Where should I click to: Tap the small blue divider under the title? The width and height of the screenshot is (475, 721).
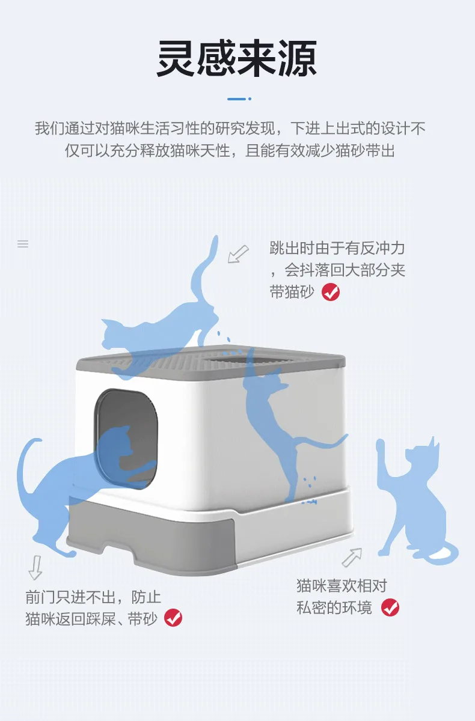point(239,99)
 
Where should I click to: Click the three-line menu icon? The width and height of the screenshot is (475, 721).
point(23,244)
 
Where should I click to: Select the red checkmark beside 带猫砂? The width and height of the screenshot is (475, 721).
point(331,292)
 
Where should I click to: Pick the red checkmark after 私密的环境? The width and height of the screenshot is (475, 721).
point(390,607)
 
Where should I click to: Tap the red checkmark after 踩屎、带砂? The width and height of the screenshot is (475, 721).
point(173,618)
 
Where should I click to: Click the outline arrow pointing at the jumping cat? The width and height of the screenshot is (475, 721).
point(238,254)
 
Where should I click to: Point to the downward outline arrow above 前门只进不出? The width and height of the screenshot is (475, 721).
point(35,567)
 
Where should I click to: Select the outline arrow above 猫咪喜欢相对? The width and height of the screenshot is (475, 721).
point(352,557)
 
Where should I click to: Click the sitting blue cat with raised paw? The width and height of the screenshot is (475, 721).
point(415,502)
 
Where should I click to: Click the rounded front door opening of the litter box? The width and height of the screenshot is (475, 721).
point(126,439)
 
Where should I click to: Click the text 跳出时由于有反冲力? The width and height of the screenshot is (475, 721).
point(337,248)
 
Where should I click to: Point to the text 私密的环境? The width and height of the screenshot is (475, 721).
point(334,607)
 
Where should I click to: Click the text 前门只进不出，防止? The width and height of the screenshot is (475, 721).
point(93,597)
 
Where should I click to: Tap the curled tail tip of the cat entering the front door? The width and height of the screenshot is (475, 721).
point(39,440)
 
